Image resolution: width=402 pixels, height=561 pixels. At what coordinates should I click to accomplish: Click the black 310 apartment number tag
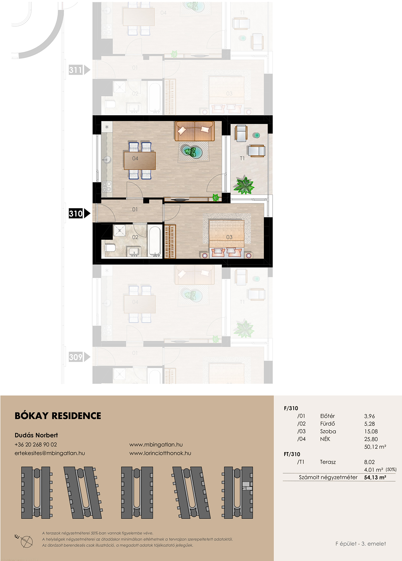(79, 214)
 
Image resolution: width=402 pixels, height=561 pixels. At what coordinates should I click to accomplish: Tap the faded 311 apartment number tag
(79, 70)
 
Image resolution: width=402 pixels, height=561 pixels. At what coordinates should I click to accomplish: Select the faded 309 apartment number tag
(79, 357)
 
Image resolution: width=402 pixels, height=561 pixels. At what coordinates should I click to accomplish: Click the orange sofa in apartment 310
(195, 131)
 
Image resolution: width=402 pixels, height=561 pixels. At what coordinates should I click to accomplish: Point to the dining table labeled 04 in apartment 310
(140, 161)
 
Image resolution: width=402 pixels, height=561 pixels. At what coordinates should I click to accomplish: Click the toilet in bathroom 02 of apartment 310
(111, 248)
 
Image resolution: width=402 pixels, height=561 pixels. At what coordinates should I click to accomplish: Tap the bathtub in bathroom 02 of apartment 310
(155, 241)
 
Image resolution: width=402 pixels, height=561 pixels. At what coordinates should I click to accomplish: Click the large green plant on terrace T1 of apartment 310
(244, 185)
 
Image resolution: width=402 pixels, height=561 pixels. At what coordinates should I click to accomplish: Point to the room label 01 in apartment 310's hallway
(135, 210)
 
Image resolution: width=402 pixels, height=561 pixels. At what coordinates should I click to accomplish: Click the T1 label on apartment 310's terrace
(242, 158)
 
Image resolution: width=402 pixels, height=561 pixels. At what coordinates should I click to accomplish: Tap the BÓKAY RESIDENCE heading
(58, 416)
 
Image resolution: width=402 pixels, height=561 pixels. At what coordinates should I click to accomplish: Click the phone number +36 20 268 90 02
(36, 445)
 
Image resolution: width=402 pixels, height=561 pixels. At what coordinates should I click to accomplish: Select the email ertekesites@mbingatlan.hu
(50, 453)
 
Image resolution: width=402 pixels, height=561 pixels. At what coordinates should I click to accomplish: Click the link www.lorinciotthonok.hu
(160, 453)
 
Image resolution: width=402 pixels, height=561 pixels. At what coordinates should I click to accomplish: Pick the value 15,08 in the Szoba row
(371, 431)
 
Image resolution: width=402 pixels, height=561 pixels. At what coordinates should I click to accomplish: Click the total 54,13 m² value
(375, 477)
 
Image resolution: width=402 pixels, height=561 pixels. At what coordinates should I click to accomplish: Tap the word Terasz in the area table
(328, 462)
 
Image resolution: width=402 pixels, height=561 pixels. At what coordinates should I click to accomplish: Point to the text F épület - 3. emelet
(361, 543)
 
